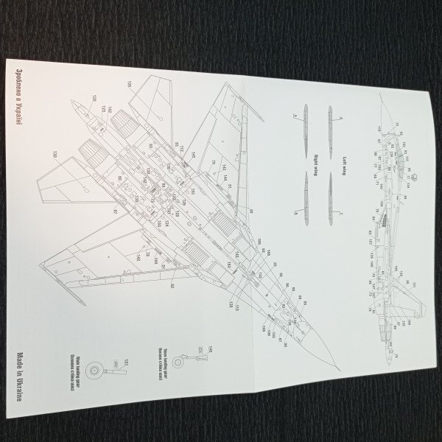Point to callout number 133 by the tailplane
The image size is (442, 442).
click(129, 83)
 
